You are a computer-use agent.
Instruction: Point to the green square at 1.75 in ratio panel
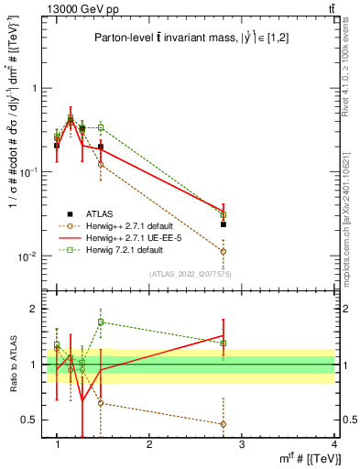[x=101, y=322]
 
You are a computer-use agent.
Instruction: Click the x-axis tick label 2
[x=149, y=445]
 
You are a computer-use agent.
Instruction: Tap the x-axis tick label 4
[x=334, y=445]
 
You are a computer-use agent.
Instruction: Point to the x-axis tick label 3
[x=242, y=445]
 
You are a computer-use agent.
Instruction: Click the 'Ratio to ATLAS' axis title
[x=13, y=365]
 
